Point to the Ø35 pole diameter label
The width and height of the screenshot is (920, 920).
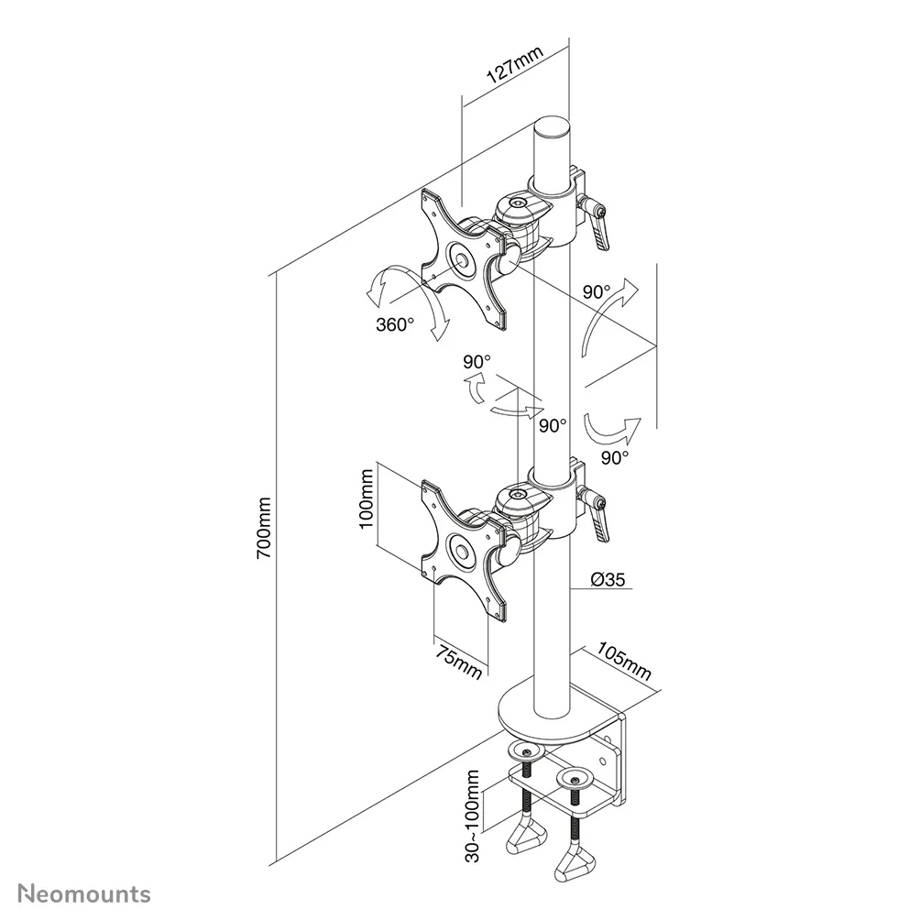[x=608, y=578]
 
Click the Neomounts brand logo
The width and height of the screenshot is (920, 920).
[x=82, y=893]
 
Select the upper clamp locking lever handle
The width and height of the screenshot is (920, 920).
[x=601, y=229]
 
